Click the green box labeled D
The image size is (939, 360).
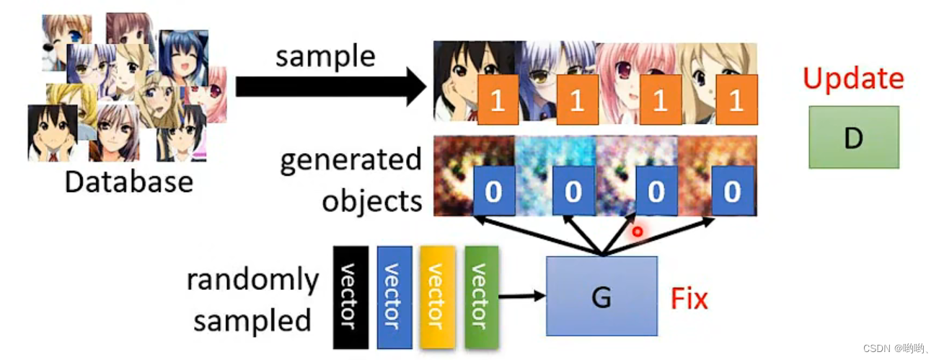[x=853, y=137]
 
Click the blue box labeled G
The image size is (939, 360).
[x=601, y=296]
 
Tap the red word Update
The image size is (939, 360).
[x=852, y=79]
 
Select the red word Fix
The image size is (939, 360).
[x=689, y=298]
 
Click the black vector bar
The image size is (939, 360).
[x=351, y=297]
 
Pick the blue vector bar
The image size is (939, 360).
[x=394, y=297]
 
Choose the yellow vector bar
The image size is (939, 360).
[x=437, y=297]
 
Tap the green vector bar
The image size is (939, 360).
[x=481, y=297]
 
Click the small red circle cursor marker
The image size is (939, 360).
[x=637, y=232]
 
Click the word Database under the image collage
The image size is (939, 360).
[x=129, y=181]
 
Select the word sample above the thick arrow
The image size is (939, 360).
[x=325, y=56]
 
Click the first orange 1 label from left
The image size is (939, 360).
[x=496, y=100]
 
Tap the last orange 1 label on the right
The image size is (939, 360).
[x=735, y=100]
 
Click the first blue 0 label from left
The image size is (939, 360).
[x=493, y=191]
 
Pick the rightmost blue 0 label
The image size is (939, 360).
[x=732, y=191]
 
